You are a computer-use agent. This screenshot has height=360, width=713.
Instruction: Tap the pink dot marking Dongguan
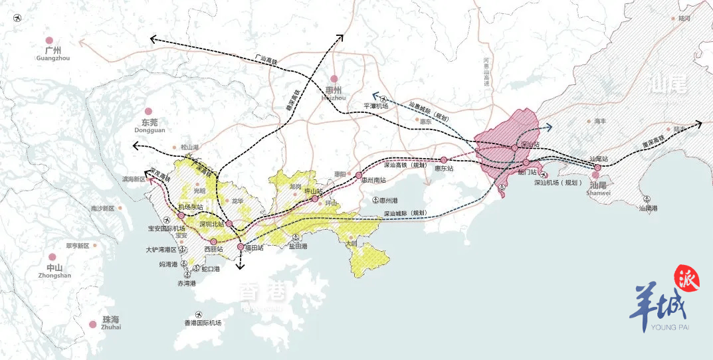pyautogui.click(x=149, y=112)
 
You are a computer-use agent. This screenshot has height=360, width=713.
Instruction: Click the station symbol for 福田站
pyautogui.click(x=241, y=247)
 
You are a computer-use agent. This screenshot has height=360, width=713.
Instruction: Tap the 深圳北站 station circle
pyautogui.click(x=229, y=224)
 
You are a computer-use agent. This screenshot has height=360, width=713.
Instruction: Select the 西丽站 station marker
pyautogui.click(x=213, y=242)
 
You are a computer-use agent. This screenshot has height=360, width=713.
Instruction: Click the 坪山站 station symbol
pyautogui.click(x=315, y=198)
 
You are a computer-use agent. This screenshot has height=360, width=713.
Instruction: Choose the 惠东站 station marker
pyautogui.click(x=443, y=160)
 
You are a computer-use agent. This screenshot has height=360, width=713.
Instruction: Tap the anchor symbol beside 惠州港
pyautogui.click(x=375, y=200)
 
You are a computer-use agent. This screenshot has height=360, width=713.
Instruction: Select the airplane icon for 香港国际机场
pyautogui.click(x=197, y=314)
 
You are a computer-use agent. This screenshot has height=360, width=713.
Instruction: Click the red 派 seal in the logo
pyautogui.click(x=686, y=280)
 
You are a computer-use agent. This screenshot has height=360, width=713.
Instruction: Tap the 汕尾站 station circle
pyautogui.click(x=597, y=167)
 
